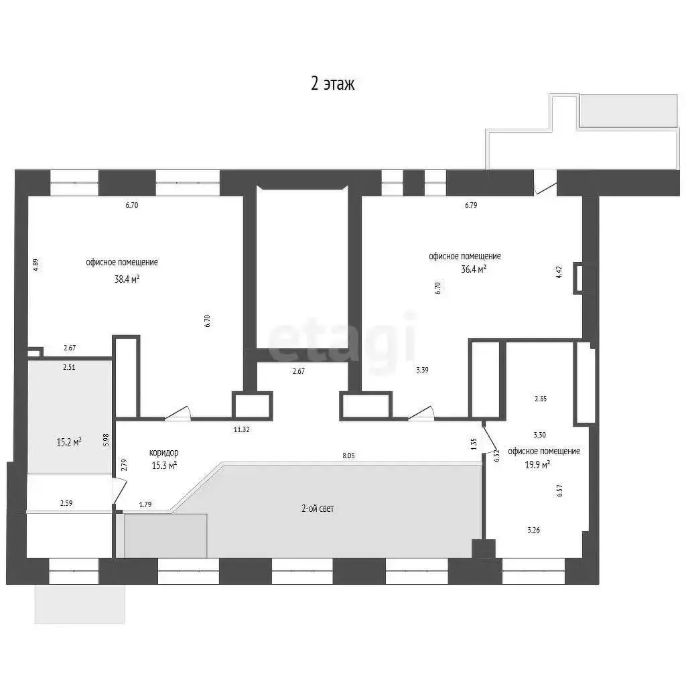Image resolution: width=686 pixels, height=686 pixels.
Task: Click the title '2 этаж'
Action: click(x=332, y=83)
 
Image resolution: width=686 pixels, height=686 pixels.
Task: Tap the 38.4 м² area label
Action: click(x=127, y=279)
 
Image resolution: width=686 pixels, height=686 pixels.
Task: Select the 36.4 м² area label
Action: click(x=474, y=269)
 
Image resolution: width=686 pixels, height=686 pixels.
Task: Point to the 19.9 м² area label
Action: click(x=537, y=464)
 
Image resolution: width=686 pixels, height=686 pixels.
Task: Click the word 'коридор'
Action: click(x=163, y=452)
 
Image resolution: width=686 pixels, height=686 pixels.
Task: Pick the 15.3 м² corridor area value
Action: click(x=164, y=465)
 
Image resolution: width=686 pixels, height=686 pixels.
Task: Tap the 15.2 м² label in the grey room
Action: click(x=69, y=442)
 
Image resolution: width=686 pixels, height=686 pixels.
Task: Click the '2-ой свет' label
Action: click(x=318, y=508)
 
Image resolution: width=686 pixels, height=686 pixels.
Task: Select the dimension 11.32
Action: click(x=241, y=429)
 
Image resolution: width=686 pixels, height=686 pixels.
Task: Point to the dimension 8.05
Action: click(x=348, y=456)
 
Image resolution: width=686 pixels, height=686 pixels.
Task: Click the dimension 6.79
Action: click(x=471, y=205)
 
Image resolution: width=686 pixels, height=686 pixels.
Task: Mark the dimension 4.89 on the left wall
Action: click(x=36, y=265)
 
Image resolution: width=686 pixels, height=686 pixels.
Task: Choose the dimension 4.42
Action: click(x=559, y=272)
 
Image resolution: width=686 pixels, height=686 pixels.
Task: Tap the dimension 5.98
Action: click(x=105, y=439)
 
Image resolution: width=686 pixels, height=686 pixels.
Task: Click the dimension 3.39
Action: click(x=422, y=370)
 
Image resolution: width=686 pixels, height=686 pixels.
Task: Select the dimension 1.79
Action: click(x=145, y=504)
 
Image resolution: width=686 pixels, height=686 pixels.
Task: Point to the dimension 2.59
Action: click(x=66, y=503)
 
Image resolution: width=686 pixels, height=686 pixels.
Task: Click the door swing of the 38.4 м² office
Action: click(x=178, y=413)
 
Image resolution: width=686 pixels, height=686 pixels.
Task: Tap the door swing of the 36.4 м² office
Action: click(x=421, y=413)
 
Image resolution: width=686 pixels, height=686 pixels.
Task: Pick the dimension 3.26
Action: click(x=533, y=530)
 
